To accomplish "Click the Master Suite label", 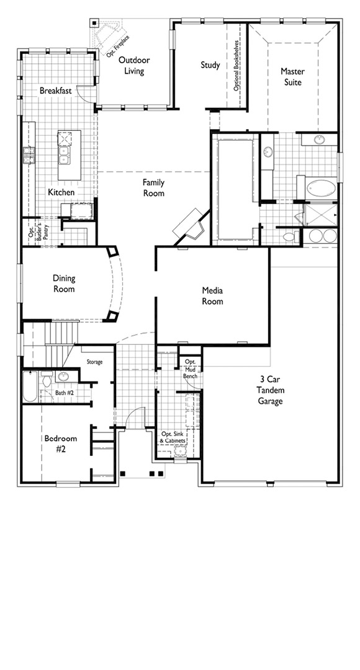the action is (x=293, y=76).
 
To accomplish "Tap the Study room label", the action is (x=210, y=65).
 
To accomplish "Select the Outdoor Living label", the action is (x=134, y=65).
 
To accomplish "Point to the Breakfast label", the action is (x=56, y=91).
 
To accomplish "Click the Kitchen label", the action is (x=61, y=192).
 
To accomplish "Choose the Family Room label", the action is (x=153, y=188).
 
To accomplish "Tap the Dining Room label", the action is (x=64, y=284).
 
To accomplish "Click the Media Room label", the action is (x=212, y=296).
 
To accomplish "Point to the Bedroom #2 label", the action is (x=61, y=444).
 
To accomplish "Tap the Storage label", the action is (x=94, y=362).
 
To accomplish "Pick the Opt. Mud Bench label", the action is (x=191, y=368).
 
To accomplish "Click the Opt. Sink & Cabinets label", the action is (x=173, y=437).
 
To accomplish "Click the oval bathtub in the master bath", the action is (x=321, y=188).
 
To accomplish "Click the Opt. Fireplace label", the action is (x=119, y=45).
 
